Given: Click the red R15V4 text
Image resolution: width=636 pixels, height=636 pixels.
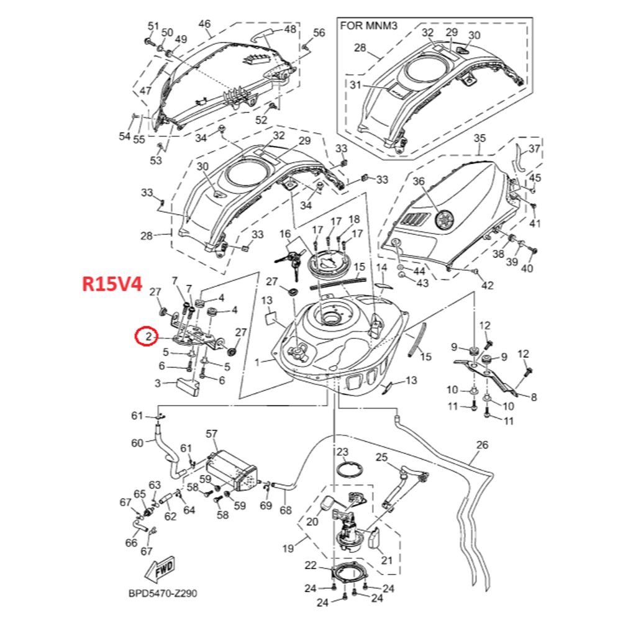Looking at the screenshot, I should (x=112, y=284).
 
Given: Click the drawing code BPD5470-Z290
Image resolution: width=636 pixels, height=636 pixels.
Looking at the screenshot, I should (x=163, y=594).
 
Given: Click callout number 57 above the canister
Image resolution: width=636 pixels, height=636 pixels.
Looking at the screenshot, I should (x=212, y=433).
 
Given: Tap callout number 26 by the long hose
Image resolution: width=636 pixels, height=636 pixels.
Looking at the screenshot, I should (x=482, y=445).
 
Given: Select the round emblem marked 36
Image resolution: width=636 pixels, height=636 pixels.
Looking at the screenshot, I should (x=445, y=219).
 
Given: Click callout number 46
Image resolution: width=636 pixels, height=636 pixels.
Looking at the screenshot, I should (x=204, y=24).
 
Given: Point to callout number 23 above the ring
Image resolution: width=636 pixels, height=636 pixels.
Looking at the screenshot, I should (x=342, y=452).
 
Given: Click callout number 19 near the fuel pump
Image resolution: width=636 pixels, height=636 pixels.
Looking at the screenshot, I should (x=288, y=548).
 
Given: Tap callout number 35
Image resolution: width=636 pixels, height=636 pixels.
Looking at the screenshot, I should (x=479, y=137).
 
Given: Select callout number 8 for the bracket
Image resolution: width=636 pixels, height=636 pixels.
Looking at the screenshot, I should (x=533, y=396).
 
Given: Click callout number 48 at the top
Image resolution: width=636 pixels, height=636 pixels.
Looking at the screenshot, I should (x=290, y=29).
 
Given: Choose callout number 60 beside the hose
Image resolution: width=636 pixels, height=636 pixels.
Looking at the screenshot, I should (x=137, y=443).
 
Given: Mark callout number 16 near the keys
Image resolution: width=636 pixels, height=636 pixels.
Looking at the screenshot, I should (x=285, y=234).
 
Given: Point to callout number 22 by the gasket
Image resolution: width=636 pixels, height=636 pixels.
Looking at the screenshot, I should (x=311, y=565).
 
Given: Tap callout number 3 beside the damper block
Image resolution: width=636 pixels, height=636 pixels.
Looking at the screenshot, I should (x=158, y=383).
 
